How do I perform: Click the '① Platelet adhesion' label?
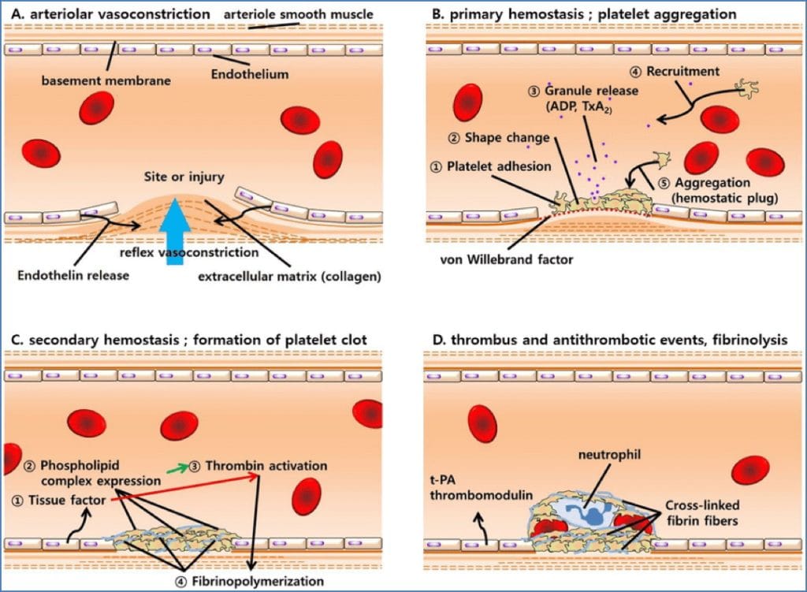coord(490,167)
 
